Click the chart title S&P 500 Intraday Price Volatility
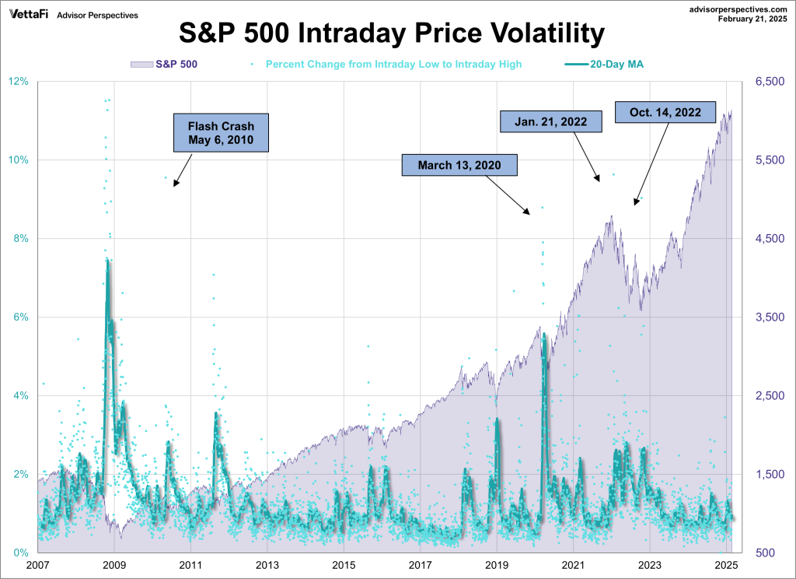pyautogui.click(x=392, y=33)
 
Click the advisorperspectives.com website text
pyautogui.click(x=732, y=7)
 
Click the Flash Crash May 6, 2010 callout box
pyautogui.click(x=221, y=133)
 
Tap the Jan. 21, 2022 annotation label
pyautogui.click(x=551, y=121)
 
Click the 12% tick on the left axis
pyautogui.click(x=19, y=82)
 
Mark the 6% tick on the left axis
pyautogui.click(x=21, y=318)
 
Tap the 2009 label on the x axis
pyautogui.click(x=114, y=565)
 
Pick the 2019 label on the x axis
pyautogui.click(x=497, y=565)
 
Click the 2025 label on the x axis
pyautogui.click(x=726, y=565)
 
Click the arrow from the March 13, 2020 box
pyautogui.click(x=508, y=194)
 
